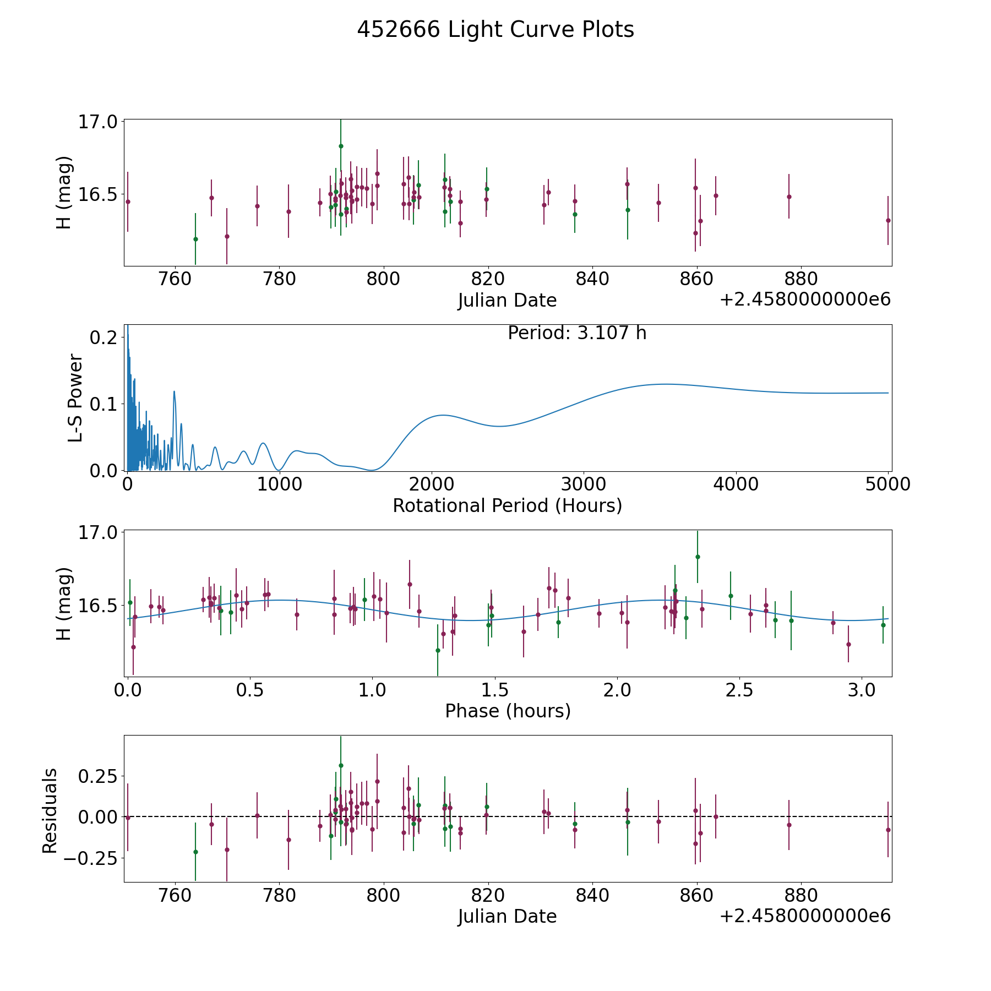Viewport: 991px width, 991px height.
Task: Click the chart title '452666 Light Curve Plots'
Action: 495,30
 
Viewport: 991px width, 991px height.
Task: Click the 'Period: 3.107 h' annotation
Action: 577,333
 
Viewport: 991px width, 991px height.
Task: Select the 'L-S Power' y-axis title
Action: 75,398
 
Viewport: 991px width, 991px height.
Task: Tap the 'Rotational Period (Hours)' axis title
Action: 507,505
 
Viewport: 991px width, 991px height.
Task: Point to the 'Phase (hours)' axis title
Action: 508,711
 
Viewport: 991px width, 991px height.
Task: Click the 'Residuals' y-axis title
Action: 50,810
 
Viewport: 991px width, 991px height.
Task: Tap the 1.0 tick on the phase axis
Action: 372,690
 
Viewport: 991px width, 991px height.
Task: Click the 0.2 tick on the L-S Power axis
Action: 104,337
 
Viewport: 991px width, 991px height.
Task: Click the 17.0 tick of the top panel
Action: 98,122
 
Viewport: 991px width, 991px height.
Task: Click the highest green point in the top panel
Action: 341,146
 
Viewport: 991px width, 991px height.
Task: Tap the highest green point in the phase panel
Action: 698,557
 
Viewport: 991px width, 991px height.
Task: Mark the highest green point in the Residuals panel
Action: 341,765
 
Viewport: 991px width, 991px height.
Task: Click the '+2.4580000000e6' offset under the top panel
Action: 805,300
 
